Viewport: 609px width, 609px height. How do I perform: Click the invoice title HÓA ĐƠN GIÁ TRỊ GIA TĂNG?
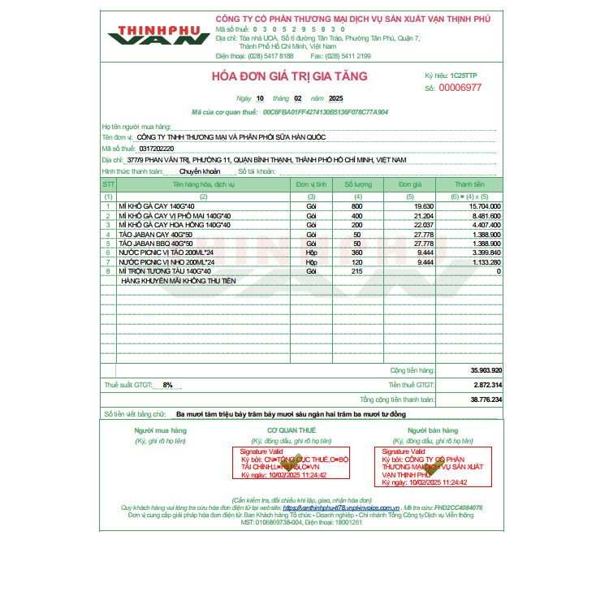click(289, 76)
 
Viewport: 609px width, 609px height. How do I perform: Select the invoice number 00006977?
click(460, 88)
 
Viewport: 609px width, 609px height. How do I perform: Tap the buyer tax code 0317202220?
click(157, 149)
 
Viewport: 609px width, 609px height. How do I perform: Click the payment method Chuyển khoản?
click(199, 172)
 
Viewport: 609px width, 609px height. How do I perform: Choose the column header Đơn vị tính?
click(311, 185)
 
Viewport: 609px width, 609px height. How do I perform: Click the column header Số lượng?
click(357, 185)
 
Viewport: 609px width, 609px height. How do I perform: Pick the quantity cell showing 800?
click(357, 206)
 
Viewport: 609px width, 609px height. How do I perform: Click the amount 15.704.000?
click(485, 206)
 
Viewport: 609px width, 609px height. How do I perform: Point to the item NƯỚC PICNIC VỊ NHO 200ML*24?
click(166, 262)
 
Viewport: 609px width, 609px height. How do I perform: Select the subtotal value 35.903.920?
click(486, 369)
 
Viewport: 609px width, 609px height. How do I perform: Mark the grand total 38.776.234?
click(486, 400)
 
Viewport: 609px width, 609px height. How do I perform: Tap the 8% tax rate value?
click(167, 385)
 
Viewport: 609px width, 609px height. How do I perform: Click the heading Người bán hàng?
click(428, 430)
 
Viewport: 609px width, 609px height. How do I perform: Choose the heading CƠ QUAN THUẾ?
click(292, 430)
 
